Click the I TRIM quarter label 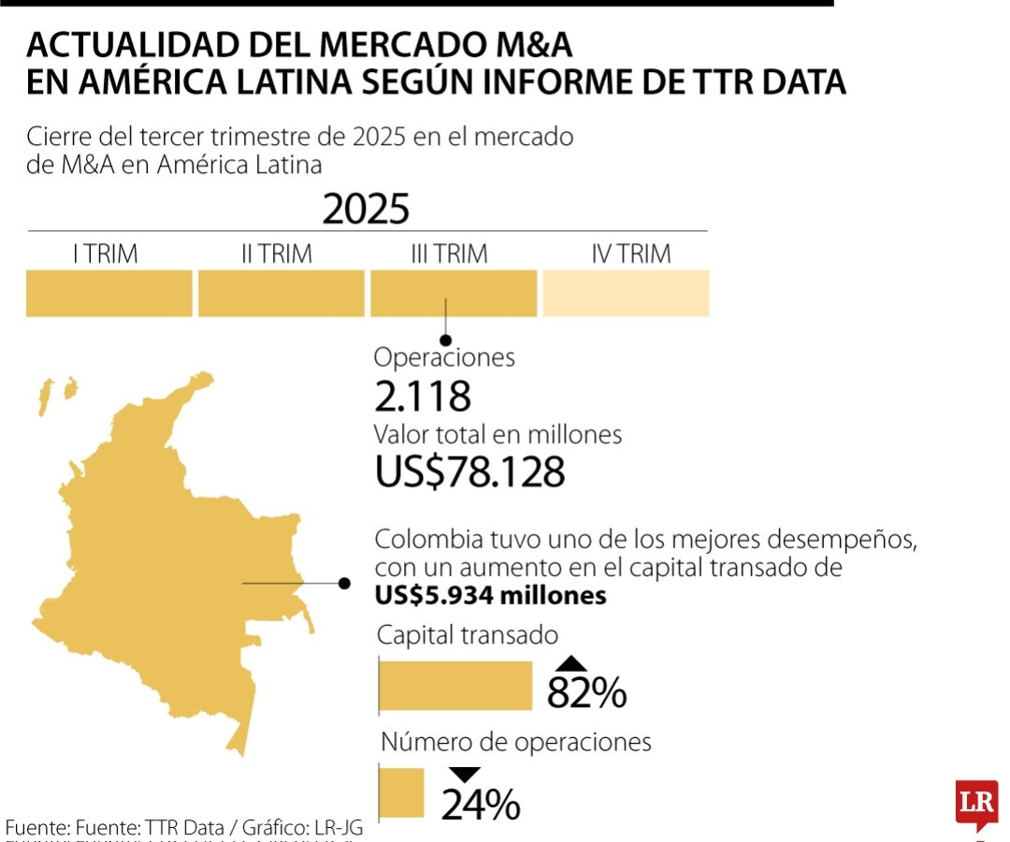pyautogui.click(x=106, y=254)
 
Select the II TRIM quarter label pyautogui.click(x=277, y=254)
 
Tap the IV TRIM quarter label pyautogui.click(x=631, y=254)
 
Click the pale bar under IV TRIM pyautogui.click(x=626, y=294)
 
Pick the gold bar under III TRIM pyautogui.click(x=454, y=294)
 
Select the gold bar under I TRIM pyautogui.click(x=108, y=294)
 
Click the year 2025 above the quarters pyautogui.click(x=367, y=210)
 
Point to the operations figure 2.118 pyautogui.click(x=422, y=397)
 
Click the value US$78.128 pyautogui.click(x=470, y=472)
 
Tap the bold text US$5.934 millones pyautogui.click(x=490, y=596)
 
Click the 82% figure pyautogui.click(x=586, y=693)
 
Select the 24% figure pyautogui.click(x=481, y=805)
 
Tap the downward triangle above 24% pyautogui.click(x=465, y=775)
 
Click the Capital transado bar pyautogui.click(x=455, y=687)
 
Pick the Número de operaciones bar pyautogui.click(x=401, y=791)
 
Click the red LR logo pyautogui.click(x=976, y=803)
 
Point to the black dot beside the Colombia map pyautogui.click(x=344, y=584)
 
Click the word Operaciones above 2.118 pyautogui.click(x=444, y=357)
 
